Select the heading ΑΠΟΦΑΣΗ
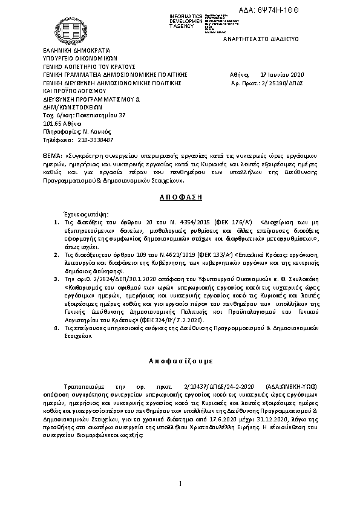pyautogui.click(x=180, y=197)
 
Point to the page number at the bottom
pyautogui.click(x=180, y=482)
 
